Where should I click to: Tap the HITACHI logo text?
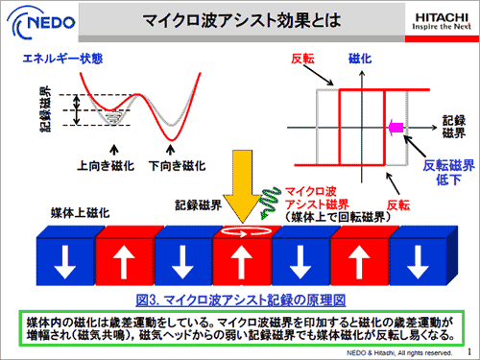tap(438, 13)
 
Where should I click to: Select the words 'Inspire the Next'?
tap(438, 26)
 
